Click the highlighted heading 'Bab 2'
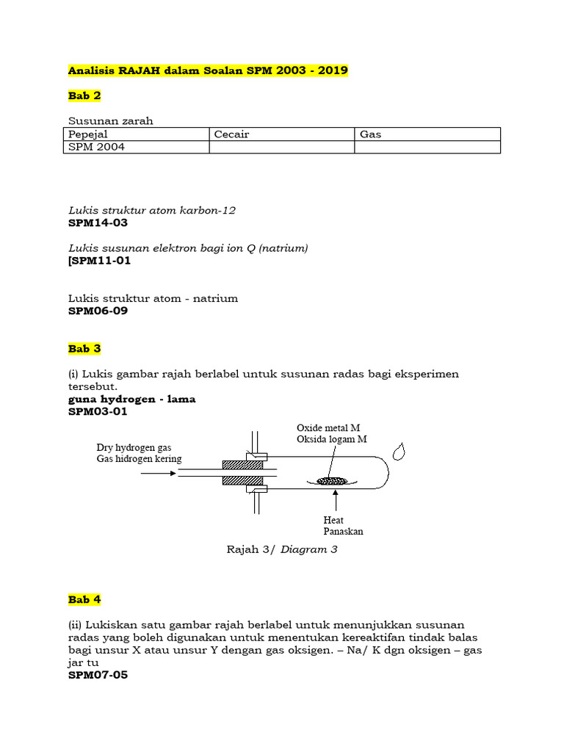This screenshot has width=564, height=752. (x=84, y=95)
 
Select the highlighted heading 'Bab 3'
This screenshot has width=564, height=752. (x=84, y=348)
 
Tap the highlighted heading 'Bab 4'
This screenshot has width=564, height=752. (x=84, y=599)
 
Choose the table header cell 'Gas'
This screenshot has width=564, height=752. (x=371, y=134)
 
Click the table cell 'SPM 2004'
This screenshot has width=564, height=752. (x=96, y=147)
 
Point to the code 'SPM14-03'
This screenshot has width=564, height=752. (x=98, y=223)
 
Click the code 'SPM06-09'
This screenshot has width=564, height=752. (x=98, y=311)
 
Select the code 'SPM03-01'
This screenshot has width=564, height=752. (x=98, y=411)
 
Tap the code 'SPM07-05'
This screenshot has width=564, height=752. (x=98, y=674)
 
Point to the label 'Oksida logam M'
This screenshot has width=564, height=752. (x=332, y=439)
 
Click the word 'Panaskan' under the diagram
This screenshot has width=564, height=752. (x=343, y=531)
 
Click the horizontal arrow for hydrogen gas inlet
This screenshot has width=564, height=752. (x=157, y=474)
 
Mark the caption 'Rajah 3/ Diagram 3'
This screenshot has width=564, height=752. (x=282, y=549)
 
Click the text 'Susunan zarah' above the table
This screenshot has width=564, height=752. (x=110, y=121)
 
